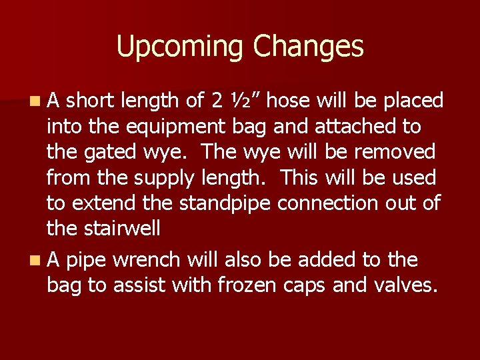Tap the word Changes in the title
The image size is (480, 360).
point(308,47)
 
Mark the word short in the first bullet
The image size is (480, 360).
point(91,101)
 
